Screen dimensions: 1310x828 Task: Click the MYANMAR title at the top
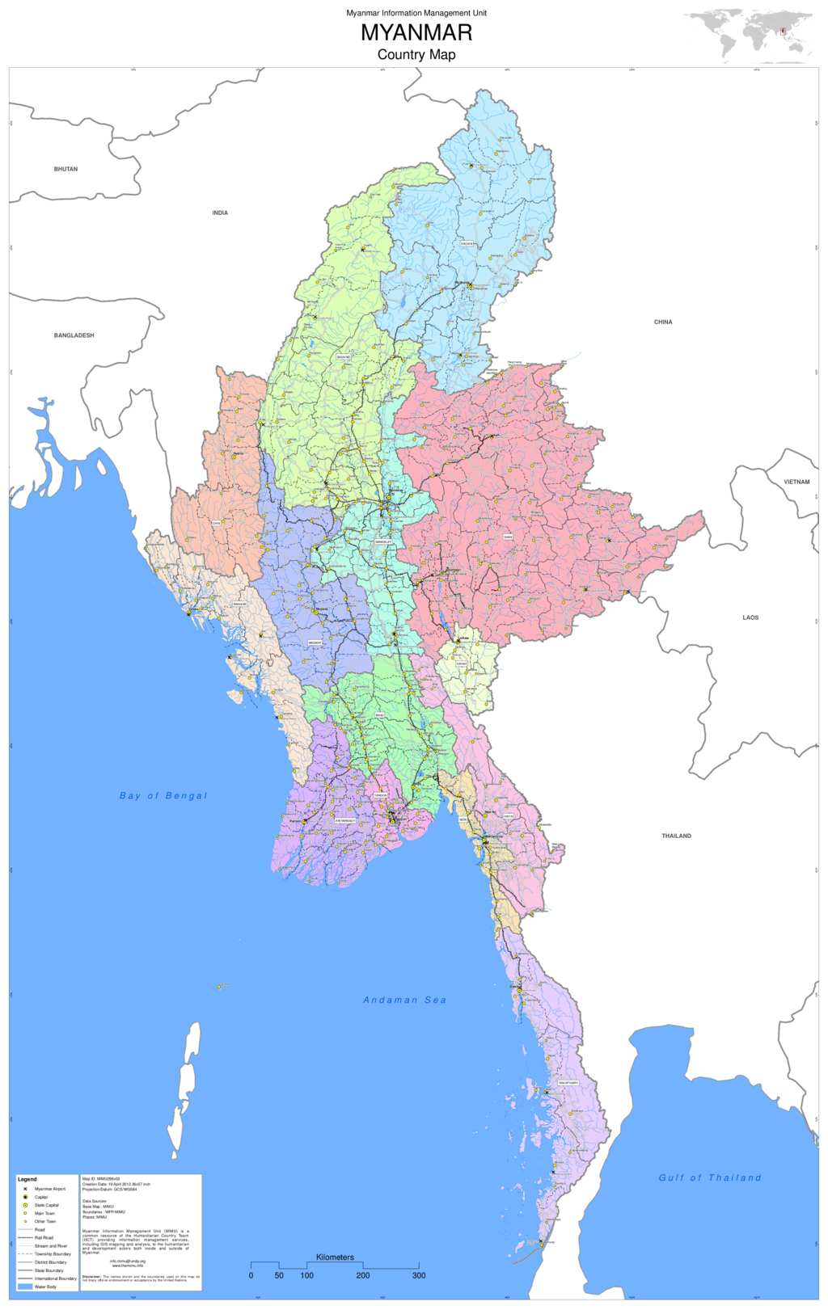coord(416,33)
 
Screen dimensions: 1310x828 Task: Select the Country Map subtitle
coord(416,55)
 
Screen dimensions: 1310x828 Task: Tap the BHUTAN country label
coord(65,169)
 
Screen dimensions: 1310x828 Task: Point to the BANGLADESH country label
coord(74,335)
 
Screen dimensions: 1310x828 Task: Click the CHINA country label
coord(663,322)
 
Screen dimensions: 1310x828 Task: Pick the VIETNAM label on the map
coord(796,482)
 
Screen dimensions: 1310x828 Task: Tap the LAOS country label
coord(750,617)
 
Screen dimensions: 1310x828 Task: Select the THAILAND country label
coord(676,836)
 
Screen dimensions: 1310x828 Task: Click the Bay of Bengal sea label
coord(163,796)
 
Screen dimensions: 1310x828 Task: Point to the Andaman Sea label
coord(404,1000)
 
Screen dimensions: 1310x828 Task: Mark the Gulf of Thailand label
coord(710,1178)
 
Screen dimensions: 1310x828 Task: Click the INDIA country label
coord(220,213)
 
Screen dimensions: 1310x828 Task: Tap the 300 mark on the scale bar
coord(419,1275)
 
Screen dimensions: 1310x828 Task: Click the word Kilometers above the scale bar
coord(335,1257)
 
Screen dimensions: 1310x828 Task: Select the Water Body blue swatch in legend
coord(25,1287)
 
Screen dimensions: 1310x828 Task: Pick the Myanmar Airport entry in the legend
coord(49,1189)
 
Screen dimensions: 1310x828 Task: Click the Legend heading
coord(27,1179)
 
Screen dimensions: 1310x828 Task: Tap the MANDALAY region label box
coord(383,542)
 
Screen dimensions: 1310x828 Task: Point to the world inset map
coord(749,36)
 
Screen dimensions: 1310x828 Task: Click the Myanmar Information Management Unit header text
coord(416,13)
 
